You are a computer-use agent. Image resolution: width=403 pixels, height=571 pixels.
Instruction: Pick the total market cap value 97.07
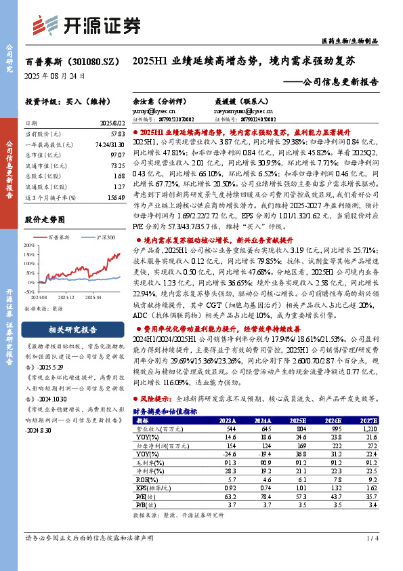click(117, 155)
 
